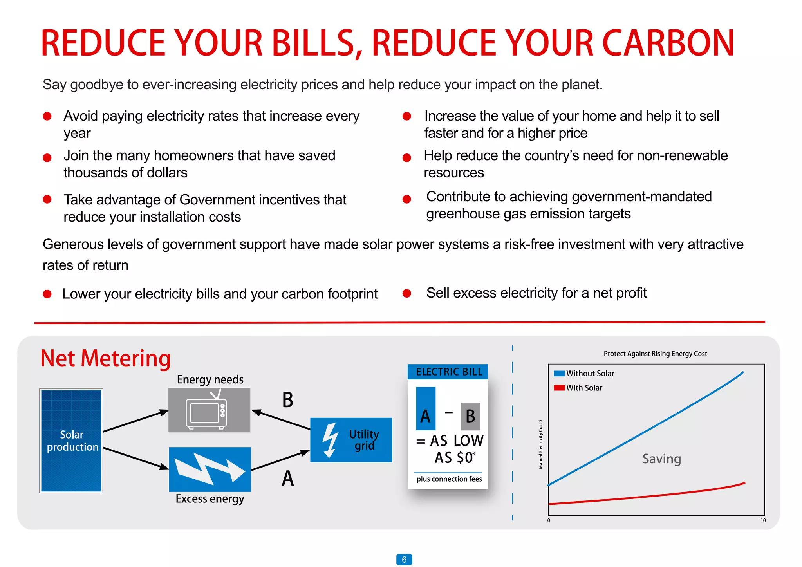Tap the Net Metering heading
point(105,358)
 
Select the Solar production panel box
point(71,441)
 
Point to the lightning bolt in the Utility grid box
point(330,440)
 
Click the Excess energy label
point(210,499)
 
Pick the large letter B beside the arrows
point(287,400)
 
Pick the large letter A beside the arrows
point(287,479)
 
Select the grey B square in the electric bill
point(470,416)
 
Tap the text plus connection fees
point(449,479)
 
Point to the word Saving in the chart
point(661,459)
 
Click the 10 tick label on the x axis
point(763,520)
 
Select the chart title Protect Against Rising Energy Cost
point(655,354)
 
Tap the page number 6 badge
point(404,560)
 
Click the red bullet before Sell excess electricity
point(407,293)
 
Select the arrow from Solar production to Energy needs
point(135,421)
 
